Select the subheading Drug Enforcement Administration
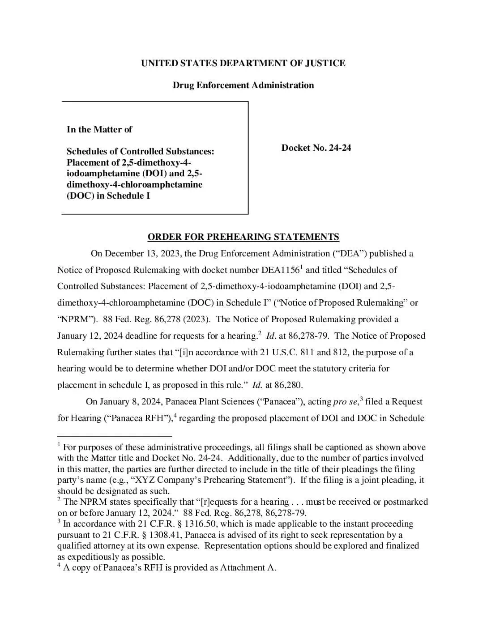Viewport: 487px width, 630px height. click(x=243, y=85)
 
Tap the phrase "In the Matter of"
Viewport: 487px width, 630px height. click(x=99, y=130)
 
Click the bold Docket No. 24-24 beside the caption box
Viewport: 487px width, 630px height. click(x=316, y=148)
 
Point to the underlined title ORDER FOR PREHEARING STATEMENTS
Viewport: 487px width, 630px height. click(x=243, y=237)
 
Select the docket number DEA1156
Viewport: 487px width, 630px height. click(x=280, y=270)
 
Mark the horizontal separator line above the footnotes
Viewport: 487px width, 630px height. click(x=115, y=435)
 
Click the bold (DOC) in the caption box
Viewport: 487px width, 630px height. click(x=80, y=196)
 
